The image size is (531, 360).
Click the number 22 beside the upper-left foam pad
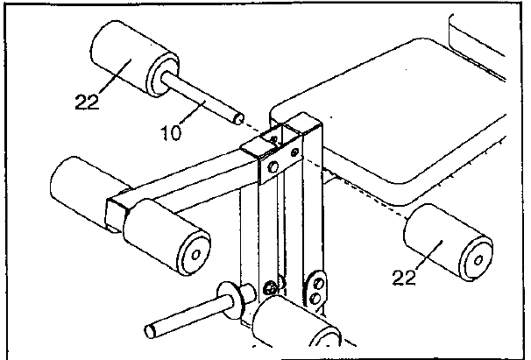87,102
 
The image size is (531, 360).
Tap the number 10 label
172,133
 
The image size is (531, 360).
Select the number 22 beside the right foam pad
404,278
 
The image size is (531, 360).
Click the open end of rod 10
238,119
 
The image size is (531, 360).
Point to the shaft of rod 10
202,99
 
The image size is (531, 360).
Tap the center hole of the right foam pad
478,260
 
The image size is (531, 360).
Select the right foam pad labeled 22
448,243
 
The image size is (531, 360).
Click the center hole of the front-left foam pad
195,255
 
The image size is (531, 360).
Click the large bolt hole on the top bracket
273,166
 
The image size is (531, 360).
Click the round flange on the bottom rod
231,300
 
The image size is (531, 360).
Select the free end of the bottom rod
151,330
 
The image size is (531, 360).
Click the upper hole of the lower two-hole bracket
318,283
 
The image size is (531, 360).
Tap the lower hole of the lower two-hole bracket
316,298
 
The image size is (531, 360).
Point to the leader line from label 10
193,112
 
